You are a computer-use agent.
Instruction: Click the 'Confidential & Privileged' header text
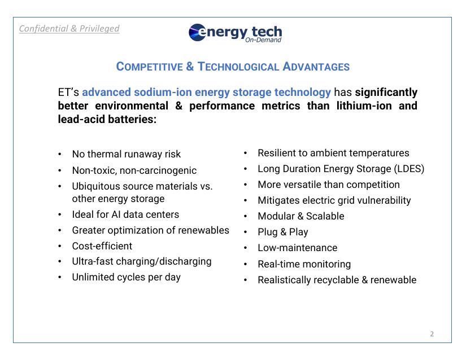tap(69, 28)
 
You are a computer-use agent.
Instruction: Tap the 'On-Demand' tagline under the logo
tap(263, 40)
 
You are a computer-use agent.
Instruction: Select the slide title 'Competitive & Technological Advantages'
tap(233, 67)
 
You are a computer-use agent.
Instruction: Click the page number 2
tap(432, 333)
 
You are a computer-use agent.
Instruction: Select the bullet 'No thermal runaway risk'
tap(126, 154)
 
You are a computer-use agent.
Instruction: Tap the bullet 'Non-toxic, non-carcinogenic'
tap(134, 170)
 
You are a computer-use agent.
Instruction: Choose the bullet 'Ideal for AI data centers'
tap(125, 214)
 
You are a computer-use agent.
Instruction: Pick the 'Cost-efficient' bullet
tap(102, 246)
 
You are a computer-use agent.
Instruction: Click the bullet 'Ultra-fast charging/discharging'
tap(141, 261)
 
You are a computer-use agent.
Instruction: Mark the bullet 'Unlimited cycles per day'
tap(126, 277)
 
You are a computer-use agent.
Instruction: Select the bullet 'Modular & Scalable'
tap(300, 216)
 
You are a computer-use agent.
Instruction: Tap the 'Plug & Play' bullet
tap(282, 232)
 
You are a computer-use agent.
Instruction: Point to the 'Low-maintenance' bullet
tap(297, 248)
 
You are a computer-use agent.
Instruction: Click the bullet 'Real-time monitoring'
tap(304, 264)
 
